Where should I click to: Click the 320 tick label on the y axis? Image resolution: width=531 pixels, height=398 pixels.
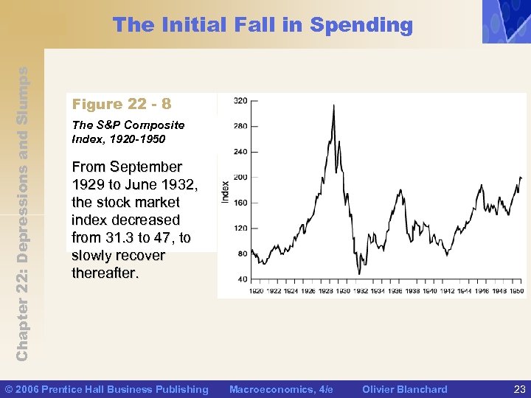(x=241, y=100)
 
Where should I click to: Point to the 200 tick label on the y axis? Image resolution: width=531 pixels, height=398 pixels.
(x=241, y=177)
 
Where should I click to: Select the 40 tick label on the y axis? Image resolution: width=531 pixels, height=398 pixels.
(x=243, y=279)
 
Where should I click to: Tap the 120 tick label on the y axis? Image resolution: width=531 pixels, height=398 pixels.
(x=241, y=228)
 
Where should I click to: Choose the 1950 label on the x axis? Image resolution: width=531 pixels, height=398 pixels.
(x=516, y=292)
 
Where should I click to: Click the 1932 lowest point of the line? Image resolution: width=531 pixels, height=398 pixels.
(x=358, y=274)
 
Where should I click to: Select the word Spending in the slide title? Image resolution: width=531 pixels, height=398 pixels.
(x=361, y=26)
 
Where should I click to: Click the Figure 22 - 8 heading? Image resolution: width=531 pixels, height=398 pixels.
(x=122, y=104)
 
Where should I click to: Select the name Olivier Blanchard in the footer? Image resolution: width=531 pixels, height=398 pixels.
(x=405, y=389)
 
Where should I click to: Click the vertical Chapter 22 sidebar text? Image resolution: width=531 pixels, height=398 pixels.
(x=23, y=214)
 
